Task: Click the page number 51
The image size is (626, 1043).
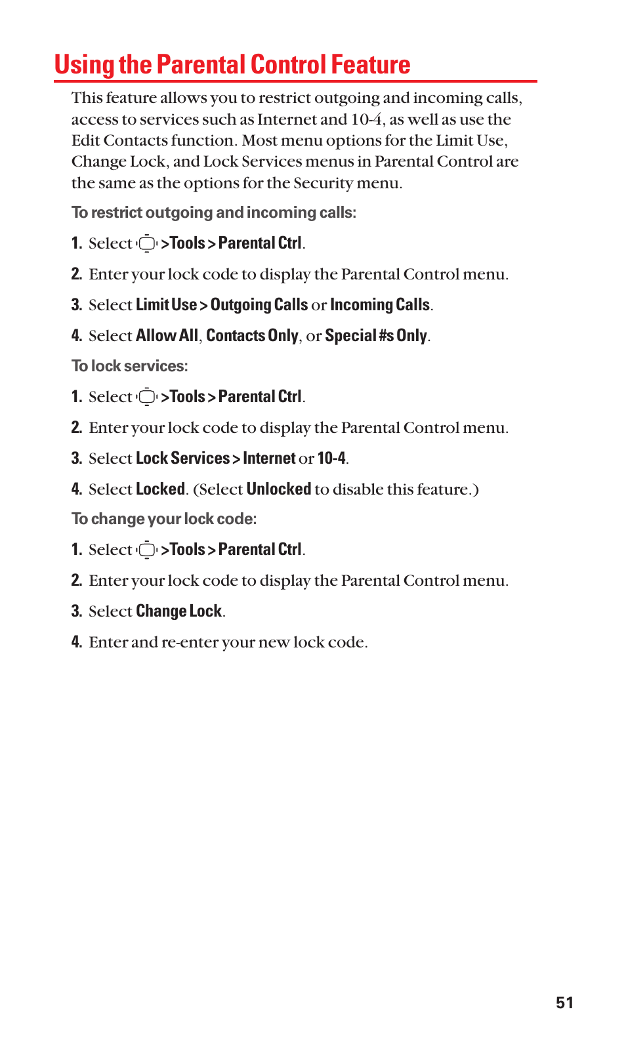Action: tap(564, 1002)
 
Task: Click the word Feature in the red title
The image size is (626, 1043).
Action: tap(371, 65)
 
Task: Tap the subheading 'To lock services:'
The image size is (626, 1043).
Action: tap(130, 366)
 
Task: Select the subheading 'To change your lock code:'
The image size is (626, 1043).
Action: tap(164, 519)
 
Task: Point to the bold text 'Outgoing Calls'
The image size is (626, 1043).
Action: tap(259, 305)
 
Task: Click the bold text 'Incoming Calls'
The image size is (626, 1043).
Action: tap(380, 305)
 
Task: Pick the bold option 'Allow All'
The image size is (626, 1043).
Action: tap(167, 336)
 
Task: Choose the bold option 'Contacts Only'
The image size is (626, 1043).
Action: tap(252, 336)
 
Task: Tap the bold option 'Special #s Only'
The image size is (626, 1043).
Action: tap(376, 336)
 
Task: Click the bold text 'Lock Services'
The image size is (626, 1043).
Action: tap(182, 459)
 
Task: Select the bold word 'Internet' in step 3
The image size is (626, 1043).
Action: tap(269, 459)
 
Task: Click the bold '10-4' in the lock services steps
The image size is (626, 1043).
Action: tap(331, 459)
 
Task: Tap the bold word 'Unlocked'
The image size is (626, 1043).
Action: tap(279, 489)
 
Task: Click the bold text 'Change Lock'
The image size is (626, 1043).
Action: tap(178, 611)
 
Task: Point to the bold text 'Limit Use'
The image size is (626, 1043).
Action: tap(166, 305)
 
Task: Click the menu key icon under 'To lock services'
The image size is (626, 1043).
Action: tap(147, 397)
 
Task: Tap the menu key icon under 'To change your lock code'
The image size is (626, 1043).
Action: tap(147, 550)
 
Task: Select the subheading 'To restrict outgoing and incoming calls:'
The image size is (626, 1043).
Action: tap(214, 213)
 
